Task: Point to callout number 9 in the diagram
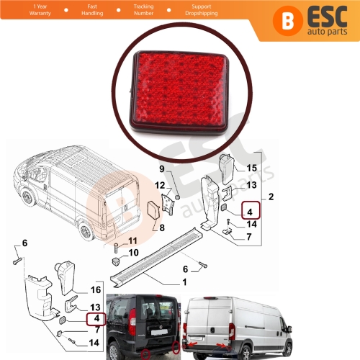click(x=162, y=169)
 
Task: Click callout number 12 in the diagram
click(x=159, y=186)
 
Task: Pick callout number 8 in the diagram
click(x=161, y=230)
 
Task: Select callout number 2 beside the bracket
click(x=271, y=196)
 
